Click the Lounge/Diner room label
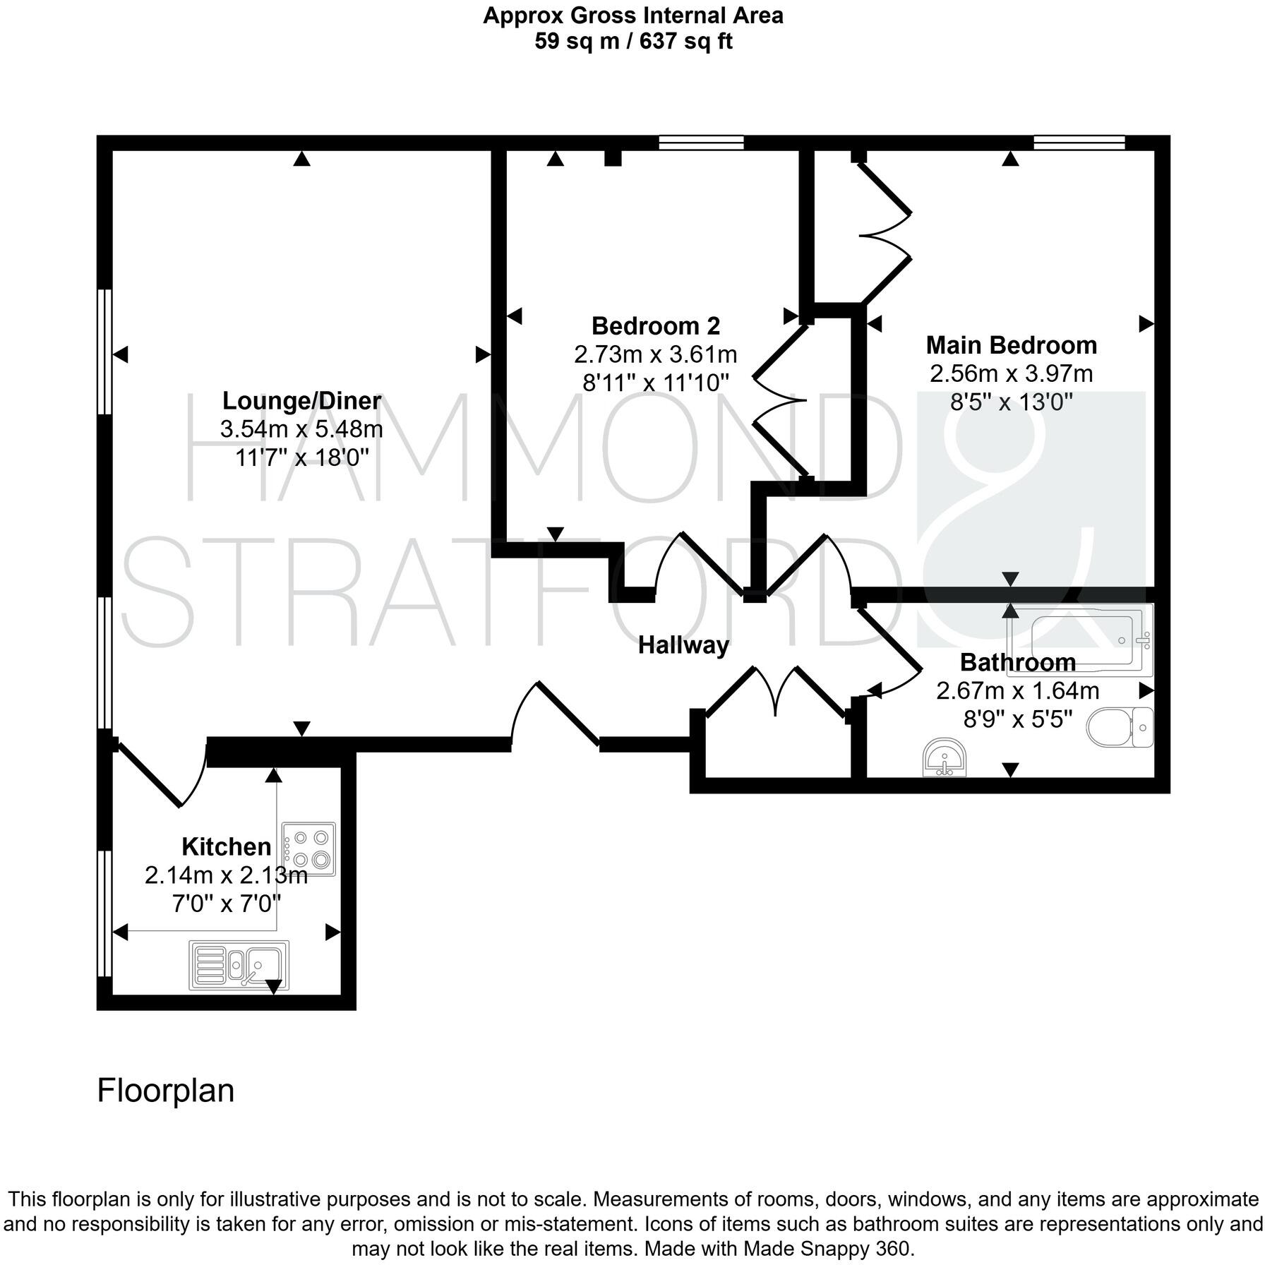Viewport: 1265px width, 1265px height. click(301, 401)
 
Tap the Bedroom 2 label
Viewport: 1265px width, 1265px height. click(655, 326)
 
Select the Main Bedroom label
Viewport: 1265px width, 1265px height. click(1011, 345)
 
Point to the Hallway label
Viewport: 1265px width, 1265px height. click(683, 645)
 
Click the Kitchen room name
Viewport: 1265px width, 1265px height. click(226, 846)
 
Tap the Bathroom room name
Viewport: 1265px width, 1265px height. click(1017, 663)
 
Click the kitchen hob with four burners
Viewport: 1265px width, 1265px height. click(308, 849)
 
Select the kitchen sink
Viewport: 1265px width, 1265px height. click(239, 964)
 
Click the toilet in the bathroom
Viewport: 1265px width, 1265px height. click(1120, 728)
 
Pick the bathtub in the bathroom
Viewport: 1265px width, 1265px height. click(1080, 638)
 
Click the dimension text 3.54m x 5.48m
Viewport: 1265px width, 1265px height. click(301, 429)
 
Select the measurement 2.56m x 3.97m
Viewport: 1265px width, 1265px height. click(1011, 373)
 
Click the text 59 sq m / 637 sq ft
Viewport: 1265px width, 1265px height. click(632, 41)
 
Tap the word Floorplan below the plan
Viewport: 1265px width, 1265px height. click(165, 1091)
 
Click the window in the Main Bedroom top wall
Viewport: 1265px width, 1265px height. click(1079, 143)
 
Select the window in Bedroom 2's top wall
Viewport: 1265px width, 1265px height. click(701, 143)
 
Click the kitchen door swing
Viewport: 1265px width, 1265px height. click(164, 774)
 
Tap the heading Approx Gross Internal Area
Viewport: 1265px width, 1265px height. click(632, 16)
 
